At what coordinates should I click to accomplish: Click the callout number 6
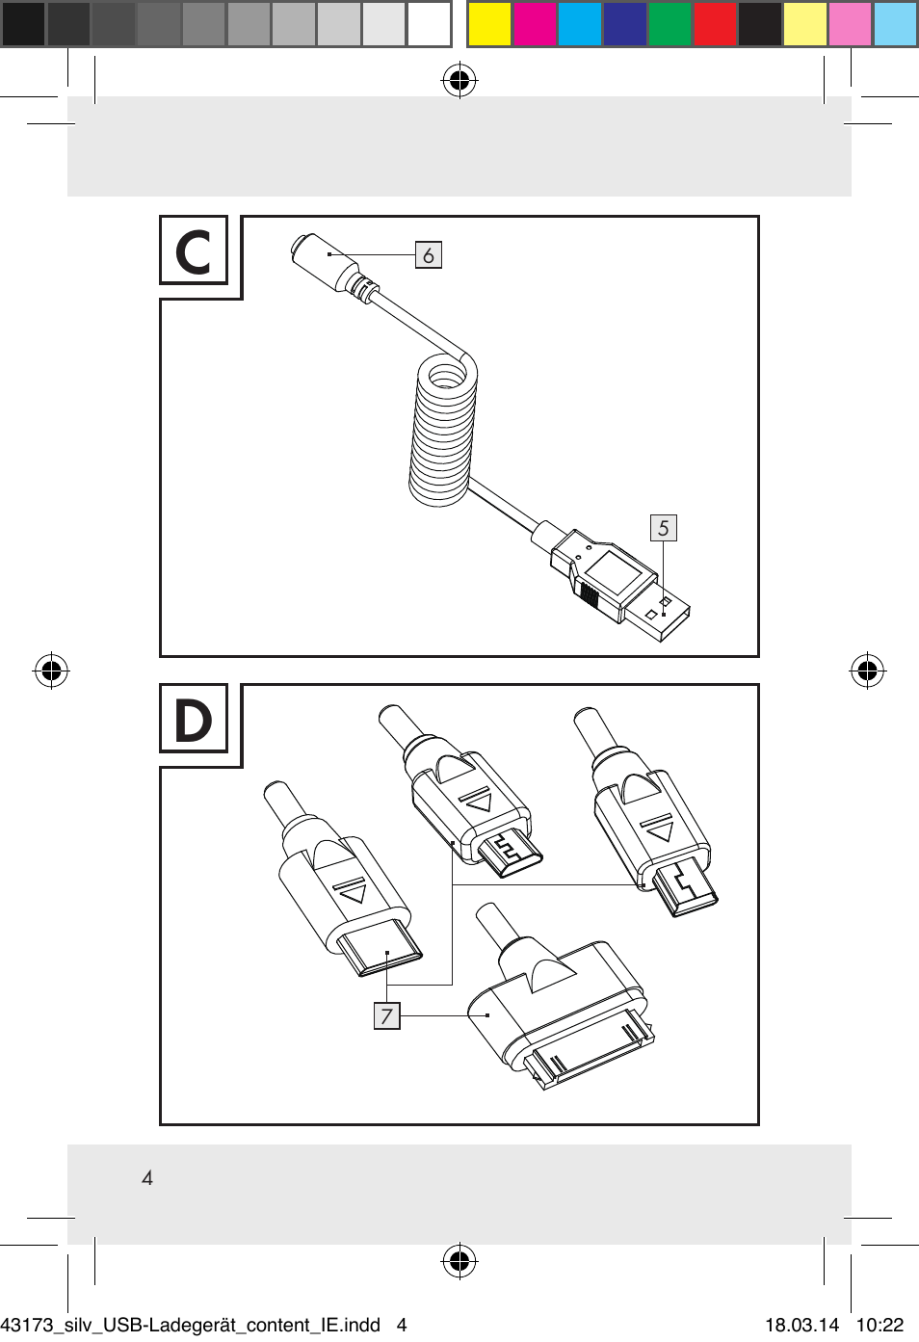pos(428,255)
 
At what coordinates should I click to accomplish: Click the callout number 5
pos(663,528)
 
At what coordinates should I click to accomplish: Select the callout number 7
pos(386,1015)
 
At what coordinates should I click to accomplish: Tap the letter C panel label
pos(194,251)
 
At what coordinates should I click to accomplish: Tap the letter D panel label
pos(194,721)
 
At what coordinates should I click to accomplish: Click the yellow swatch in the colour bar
pos(489,24)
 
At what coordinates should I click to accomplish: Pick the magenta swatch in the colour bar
pos(535,24)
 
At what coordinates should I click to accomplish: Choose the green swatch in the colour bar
pos(670,24)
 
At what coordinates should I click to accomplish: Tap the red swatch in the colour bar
pos(715,24)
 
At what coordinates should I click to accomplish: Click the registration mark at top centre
pos(459,81)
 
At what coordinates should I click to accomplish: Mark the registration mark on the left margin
pos(52,670)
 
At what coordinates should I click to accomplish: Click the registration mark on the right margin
pos(867,670)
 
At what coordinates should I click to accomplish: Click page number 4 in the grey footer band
pos(147,1177)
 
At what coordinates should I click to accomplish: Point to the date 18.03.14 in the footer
pos(801,1325)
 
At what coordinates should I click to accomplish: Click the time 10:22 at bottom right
pos(880,1325)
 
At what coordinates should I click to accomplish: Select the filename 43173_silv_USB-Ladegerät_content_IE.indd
pos(191,1325)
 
